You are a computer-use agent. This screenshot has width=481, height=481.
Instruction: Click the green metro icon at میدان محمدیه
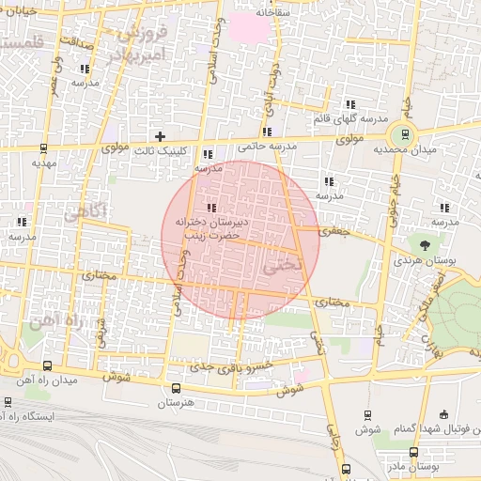[x=405, y=133]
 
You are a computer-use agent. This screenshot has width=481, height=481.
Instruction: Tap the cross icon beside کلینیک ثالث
[x=161, y=136]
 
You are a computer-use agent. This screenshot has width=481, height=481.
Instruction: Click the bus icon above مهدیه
[x=44, y=147]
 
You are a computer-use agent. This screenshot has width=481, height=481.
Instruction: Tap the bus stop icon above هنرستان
[x=177, y=387]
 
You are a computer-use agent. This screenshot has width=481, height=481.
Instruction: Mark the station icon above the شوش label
[x=367, y=414]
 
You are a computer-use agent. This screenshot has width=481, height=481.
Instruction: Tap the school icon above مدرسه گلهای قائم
[x=350, y=104]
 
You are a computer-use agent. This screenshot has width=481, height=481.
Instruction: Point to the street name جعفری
[x=333, y=230]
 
